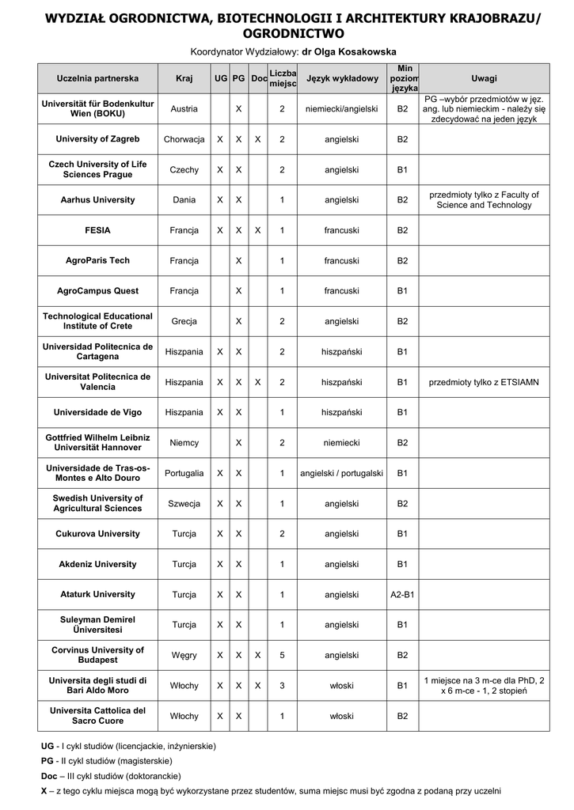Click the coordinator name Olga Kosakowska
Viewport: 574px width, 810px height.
[x=349, y=51]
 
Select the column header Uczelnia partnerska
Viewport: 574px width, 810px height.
[x=97, y=78]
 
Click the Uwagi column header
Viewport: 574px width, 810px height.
[x=484, y=78]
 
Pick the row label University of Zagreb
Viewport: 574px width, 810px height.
[x=97, y=139]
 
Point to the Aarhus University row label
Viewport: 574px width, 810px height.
[x=97, y=200]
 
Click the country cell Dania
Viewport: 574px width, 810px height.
[x=184, y=200]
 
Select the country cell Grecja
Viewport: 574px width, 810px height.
[x=184, y=321]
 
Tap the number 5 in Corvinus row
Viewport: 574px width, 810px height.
[x=282, y=655]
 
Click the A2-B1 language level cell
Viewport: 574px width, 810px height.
[x=402, y=595]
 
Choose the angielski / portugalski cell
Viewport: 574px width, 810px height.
[x=342, y=473]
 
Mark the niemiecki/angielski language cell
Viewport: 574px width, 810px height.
[x=342, y=108]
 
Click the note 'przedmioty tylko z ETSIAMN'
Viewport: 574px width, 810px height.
[x=484, y=382]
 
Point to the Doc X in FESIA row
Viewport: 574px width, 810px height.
[x=258, y=230]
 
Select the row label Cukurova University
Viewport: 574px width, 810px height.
[x=97, y=534]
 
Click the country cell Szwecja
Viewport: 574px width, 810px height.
[x=184, y=504]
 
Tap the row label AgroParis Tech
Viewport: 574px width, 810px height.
[x=97, y=260]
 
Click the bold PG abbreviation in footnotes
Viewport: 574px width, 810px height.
[x=48, y=761]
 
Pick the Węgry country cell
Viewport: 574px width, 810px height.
[x=184, y=655]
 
